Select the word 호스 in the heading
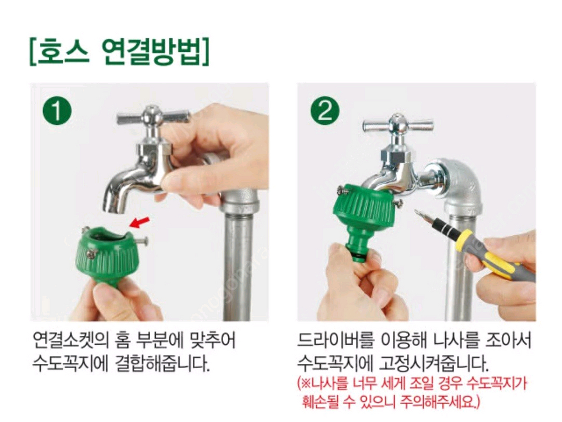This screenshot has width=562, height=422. (x=63, y=53)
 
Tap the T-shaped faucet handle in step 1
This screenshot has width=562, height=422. (x=152, y=116)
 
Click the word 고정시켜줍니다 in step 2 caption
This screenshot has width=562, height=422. (x=434, y=364)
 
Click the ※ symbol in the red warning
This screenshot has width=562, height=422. (x=306, y=384)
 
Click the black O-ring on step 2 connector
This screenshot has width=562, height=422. (x=360, y=255)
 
